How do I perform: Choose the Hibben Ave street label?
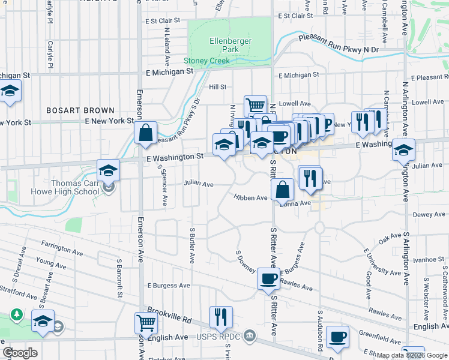250,197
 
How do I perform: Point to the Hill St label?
217,87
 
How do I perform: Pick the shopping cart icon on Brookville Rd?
146,322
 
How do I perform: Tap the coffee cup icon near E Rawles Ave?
268,278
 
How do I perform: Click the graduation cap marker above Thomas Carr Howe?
109,170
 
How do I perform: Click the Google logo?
20,353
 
